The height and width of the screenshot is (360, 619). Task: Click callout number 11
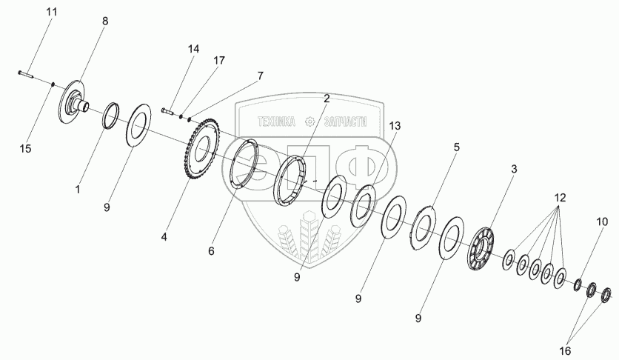(x=51, y=13)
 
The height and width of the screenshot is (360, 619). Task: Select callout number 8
(x=104, y=21)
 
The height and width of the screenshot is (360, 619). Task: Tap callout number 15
(x=26, y=149)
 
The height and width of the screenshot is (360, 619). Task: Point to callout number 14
(x=193, y=49)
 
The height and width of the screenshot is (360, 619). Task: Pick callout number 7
(x=260, y=76)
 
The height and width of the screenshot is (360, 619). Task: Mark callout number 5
(x=456, y=147)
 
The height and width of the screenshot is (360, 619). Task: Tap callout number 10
(x=603, y=221)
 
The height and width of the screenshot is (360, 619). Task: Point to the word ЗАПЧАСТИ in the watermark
(x=343, y=122)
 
